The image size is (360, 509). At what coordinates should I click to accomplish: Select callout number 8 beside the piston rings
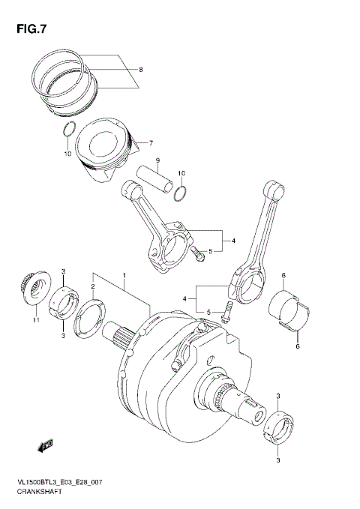click(139, 70)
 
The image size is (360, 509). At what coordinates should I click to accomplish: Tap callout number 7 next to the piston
click(151, 143)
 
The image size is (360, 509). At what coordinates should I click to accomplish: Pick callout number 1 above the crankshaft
click(124, 275)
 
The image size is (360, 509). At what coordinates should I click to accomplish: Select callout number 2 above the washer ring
click(93, 286)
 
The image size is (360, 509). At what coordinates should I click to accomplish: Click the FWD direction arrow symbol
click(43, 447)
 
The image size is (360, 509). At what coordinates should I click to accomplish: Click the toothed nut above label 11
click(32, 289)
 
